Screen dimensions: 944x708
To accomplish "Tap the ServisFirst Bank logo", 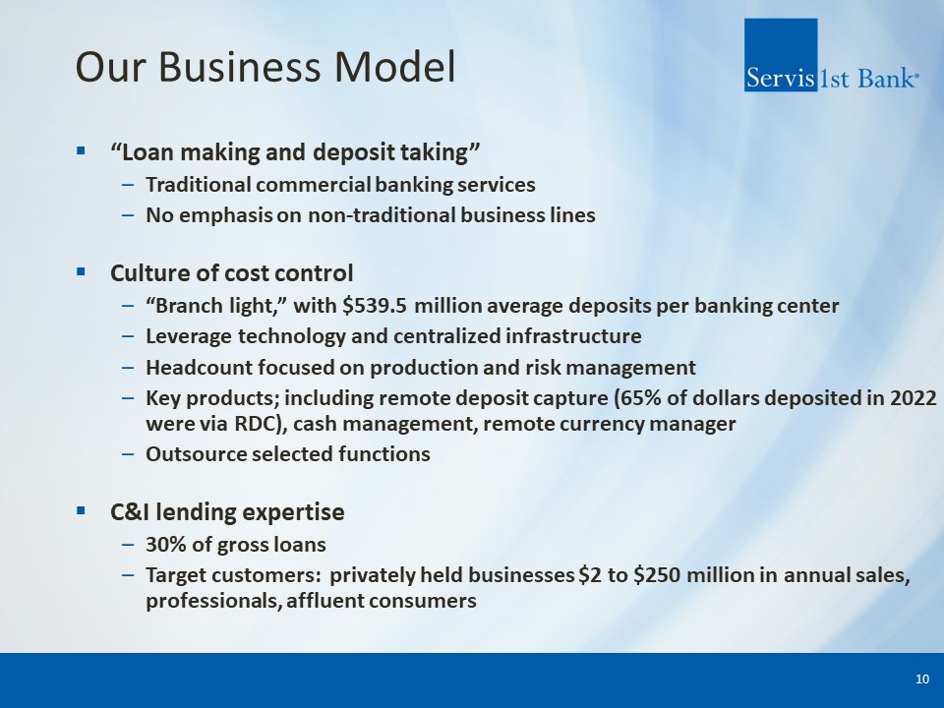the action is click(x=832, y=55).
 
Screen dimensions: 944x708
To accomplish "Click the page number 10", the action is click(x=922, y=679).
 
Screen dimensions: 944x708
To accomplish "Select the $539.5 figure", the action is click(x=375, y=306).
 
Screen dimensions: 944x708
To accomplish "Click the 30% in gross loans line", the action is click(x=162, y=544).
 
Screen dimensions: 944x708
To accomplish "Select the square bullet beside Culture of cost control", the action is click(x=82, y=272).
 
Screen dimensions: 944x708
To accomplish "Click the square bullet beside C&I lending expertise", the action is click(x=82, y=511).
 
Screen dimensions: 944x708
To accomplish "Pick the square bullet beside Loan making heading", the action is click(x=82, y=150).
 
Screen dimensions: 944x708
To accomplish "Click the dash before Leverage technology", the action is click(x=128, y=336).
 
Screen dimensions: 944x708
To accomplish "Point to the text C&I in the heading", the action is click(x=131, y=511).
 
